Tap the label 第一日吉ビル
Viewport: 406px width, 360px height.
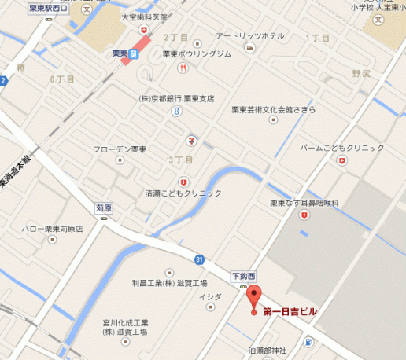290,312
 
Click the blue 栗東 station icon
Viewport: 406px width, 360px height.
135,53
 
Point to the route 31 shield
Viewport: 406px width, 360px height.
200,259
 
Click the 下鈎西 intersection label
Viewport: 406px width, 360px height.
243,276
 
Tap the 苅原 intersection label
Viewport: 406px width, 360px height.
105,209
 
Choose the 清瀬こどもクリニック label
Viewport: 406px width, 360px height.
184,193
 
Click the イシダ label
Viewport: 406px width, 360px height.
210,296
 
